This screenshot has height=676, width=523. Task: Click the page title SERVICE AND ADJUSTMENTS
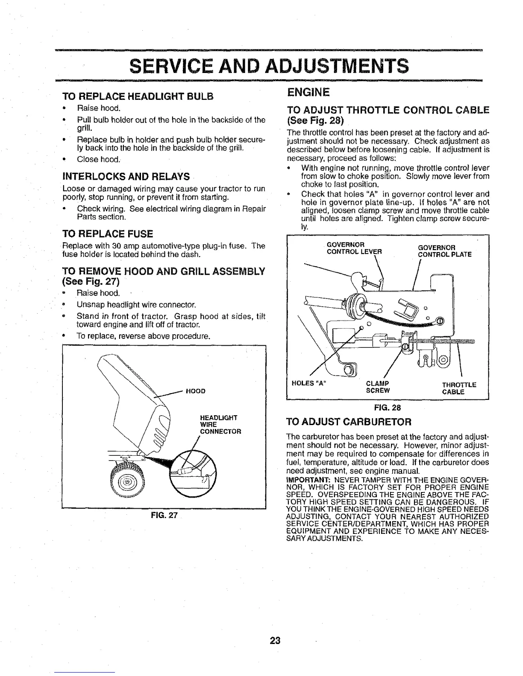[x=269, y=66]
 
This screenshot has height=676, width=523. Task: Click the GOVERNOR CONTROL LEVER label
[x=354, y=248]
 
